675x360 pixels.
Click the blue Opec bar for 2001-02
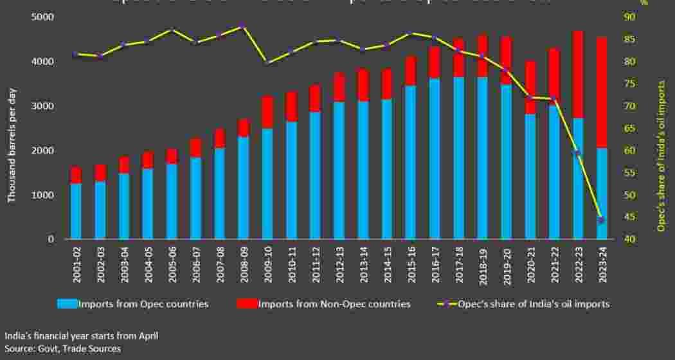pos(76,211)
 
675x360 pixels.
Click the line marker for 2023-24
pos(601,221)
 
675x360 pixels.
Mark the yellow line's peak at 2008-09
pos(243,26)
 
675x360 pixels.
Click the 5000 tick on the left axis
pos(43,17)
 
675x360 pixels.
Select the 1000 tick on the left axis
pos(43,195)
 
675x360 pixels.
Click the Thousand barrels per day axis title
pos(12,136)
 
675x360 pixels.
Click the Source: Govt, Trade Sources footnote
pos(62,348)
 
